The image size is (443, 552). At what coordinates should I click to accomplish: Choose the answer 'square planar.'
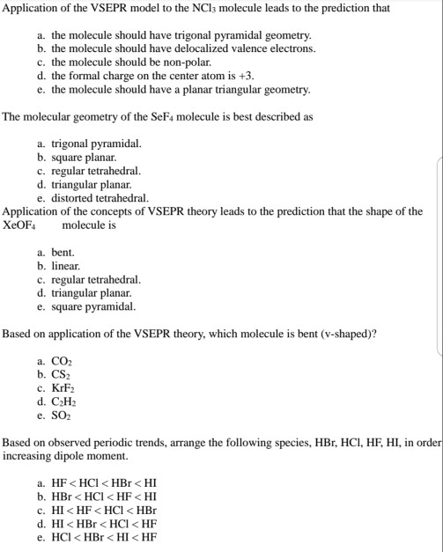coord(84,158)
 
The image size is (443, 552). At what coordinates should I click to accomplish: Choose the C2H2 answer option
coord(67,403)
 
